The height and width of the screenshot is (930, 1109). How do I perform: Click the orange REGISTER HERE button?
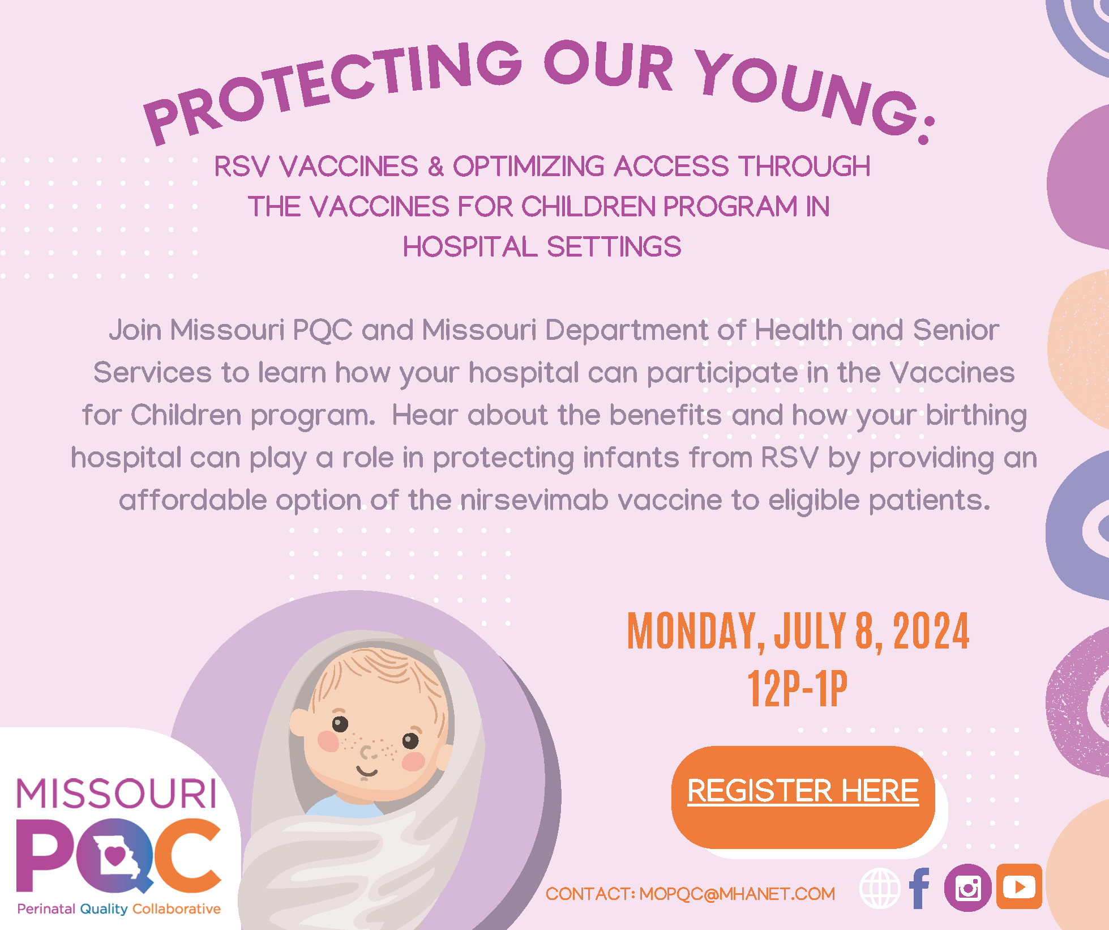pos(803,797)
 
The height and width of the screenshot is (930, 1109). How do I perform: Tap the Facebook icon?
pos(919,888)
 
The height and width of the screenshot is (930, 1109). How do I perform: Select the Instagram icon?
pos(967,888)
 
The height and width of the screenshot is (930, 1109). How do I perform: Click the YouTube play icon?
pos(1019,886)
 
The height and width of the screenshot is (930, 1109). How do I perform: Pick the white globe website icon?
pos(880,888)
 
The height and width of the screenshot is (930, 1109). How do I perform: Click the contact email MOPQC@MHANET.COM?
pos(737,894)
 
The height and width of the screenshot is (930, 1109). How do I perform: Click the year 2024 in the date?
pos(931,631)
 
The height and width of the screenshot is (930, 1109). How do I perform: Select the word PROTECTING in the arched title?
pos(331,90)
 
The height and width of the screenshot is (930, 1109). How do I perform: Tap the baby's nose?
pos(368,753)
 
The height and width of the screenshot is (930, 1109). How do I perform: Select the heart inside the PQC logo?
pos(115,855)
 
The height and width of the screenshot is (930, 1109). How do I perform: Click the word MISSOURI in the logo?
pos(117,793)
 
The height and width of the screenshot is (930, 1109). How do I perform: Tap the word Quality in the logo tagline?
pos(104,909)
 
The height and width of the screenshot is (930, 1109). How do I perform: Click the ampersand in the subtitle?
pos(436,167)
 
